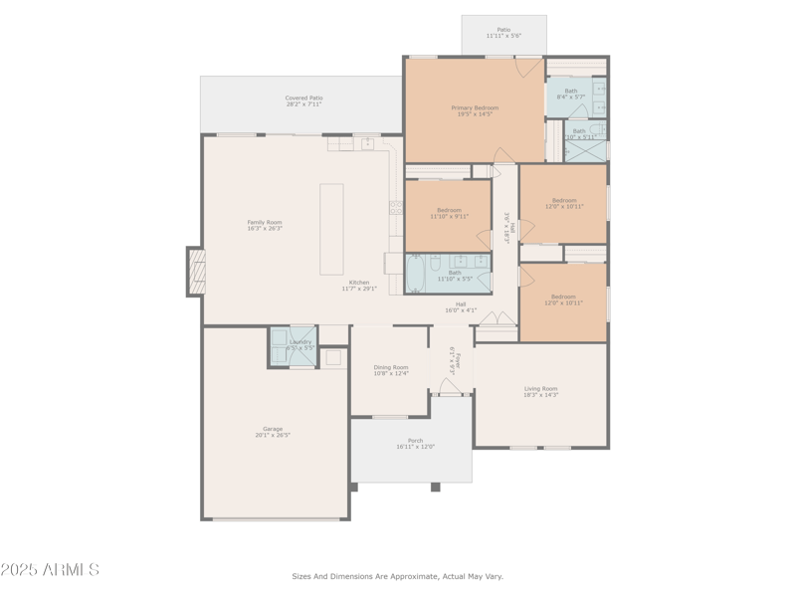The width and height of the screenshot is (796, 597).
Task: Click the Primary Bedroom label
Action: coord(475,107)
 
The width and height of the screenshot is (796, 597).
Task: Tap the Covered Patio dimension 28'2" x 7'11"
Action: coord(303,103)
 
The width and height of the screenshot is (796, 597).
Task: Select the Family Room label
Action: coord(265,222)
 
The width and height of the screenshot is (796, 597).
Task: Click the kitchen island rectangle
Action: coord(331,229)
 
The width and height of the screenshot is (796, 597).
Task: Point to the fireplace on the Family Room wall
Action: coord(195,272)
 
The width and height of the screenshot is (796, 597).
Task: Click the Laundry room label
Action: coord(300,342)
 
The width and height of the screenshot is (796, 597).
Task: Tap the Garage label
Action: coord(273,429)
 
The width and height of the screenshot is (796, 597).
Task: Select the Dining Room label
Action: coord(391,367)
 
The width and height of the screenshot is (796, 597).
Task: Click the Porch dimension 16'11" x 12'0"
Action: coord(415,447)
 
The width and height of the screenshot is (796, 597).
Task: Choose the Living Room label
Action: coord(541,389)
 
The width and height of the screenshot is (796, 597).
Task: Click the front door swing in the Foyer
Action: coord(449,386)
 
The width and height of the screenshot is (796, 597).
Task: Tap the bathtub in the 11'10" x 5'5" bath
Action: coord(415,272)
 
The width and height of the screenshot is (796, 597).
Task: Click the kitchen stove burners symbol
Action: coord(396,207)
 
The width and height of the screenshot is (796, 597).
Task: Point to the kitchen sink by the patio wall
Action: coord(367,143)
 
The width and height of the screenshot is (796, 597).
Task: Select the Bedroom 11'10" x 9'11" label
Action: coord(449,210)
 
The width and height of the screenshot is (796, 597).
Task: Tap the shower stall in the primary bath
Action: coord(586,150)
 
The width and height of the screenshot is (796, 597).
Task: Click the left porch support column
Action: coord(353,487)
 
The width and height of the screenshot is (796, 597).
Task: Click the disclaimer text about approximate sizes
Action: coord(397,576)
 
